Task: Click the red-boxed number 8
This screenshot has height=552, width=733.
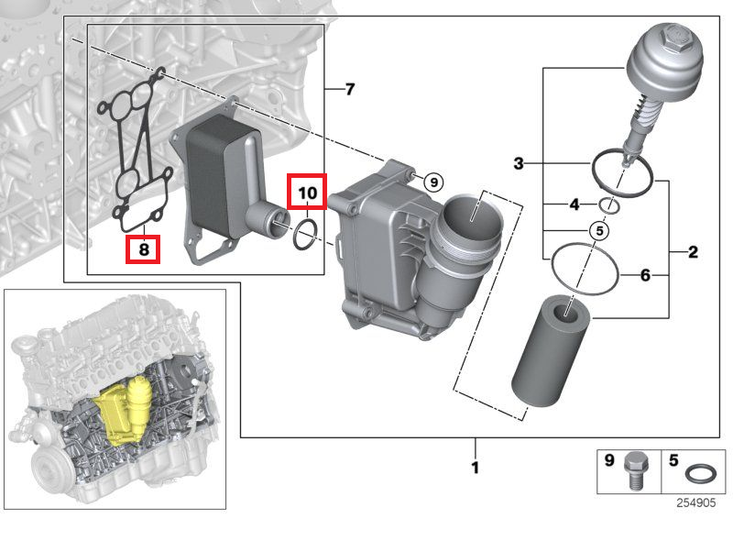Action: click(x=143, y=249)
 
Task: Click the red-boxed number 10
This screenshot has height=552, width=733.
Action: click(x=307, y=193)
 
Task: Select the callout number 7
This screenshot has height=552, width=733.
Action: click(x=349, y=89)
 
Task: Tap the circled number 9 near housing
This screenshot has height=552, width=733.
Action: click(x=433, y=182)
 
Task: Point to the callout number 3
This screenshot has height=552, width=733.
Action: click(x=519, y=164)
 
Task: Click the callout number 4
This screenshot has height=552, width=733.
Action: click(x=574, y=204)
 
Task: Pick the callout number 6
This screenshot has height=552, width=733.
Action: click(x=645, y=274)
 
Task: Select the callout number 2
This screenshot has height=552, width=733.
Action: click(x=694, y=251)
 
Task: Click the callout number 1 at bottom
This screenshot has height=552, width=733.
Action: click(x=475, y=469)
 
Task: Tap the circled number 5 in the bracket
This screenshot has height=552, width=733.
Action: click(x=598, y=231)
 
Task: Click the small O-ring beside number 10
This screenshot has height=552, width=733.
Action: click(x=307, y=234)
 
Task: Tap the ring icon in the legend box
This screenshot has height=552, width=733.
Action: click(x=701, y=475)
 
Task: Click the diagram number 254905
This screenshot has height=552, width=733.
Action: click(x=697, y=502)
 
